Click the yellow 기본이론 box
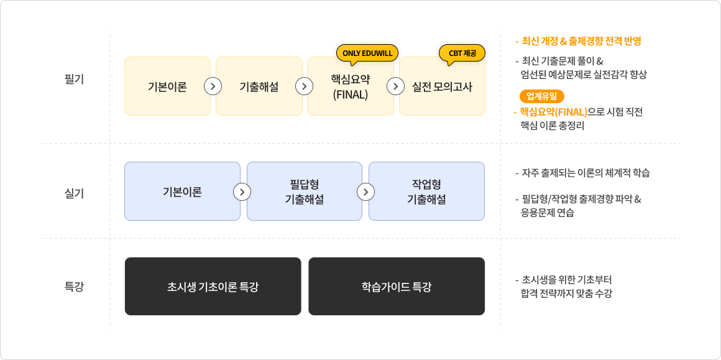(167, 86)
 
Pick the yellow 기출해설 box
(259, 86)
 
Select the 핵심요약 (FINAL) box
(351, 86)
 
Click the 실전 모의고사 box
(442, 86)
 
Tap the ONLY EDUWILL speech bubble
(367, 54)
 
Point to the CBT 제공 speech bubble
(462, 54)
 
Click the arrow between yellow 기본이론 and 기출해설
(213, 86)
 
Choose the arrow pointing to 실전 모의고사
(396, 86)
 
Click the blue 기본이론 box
(182, 192)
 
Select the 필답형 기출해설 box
(305, 192)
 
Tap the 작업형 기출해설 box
(427, 192)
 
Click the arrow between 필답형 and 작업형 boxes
(365, 192)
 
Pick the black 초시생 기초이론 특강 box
(213, 287)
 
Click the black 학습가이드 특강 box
(397, 287)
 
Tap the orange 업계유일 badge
(541, 96)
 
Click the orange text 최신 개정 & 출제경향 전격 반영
(581, 42)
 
